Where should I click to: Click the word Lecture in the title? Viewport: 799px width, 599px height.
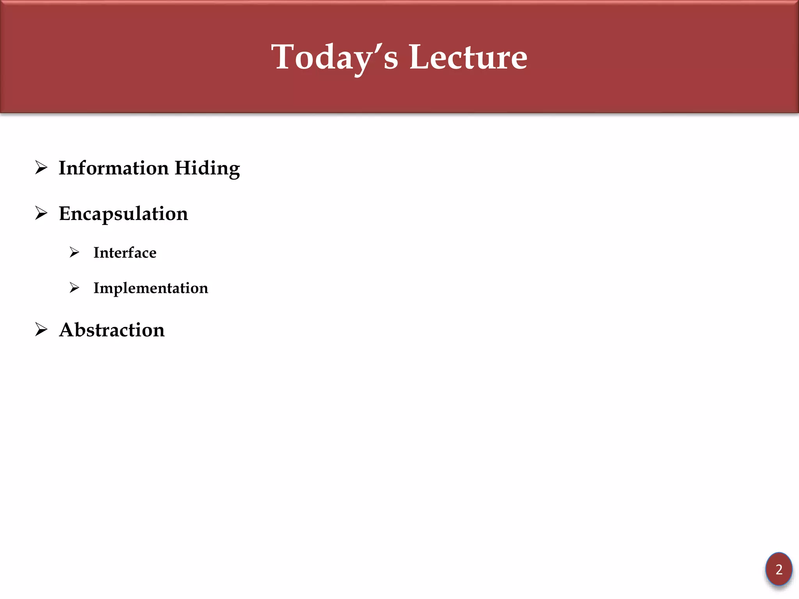pos(468,57)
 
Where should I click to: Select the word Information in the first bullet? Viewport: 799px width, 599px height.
pos(114,168)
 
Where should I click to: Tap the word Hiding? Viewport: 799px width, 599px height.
pos(207,169)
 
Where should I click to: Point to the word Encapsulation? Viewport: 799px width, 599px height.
pos(123,214)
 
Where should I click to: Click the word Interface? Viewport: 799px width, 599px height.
pos(125,253)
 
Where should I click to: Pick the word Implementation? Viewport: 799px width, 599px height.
pos(151,288)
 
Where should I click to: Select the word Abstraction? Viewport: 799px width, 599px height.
pos(112,330)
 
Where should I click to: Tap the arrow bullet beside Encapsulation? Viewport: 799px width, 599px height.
pos(41,213)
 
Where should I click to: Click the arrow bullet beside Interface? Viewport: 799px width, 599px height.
pos(74,252)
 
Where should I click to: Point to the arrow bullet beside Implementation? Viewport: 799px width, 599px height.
pos(74,288)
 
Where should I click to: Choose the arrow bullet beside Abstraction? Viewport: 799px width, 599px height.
pos(41,330)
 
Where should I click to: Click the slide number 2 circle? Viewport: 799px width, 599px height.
pos(779,569)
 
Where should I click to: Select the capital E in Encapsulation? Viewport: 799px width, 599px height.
pos(66,214)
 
